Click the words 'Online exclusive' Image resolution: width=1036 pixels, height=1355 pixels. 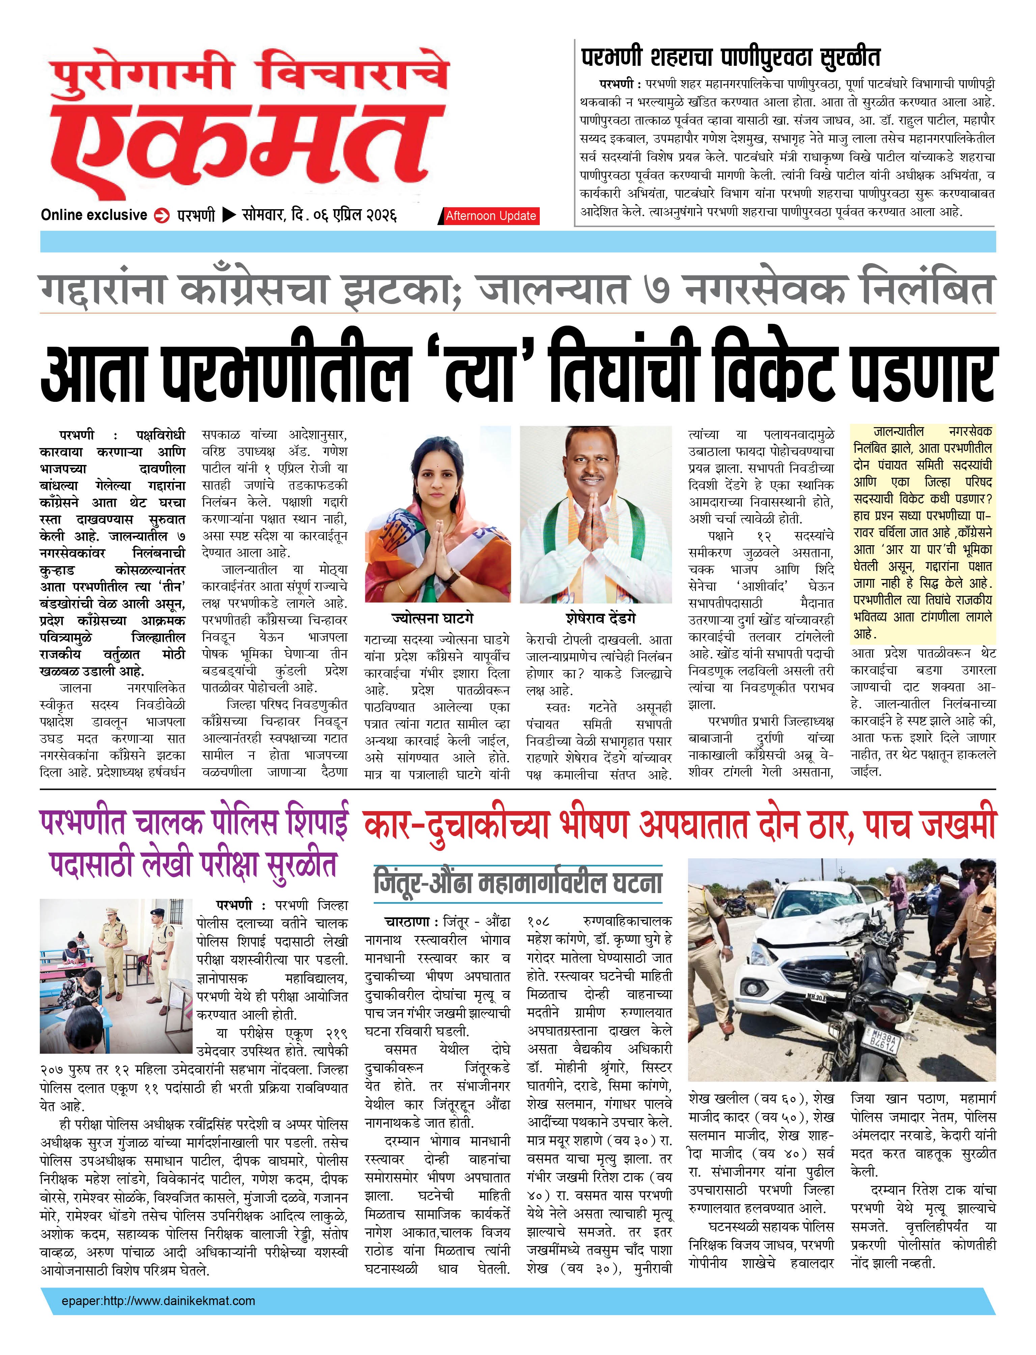click(94, 215)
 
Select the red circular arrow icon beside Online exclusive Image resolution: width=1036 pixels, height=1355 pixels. click(162, 216)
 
